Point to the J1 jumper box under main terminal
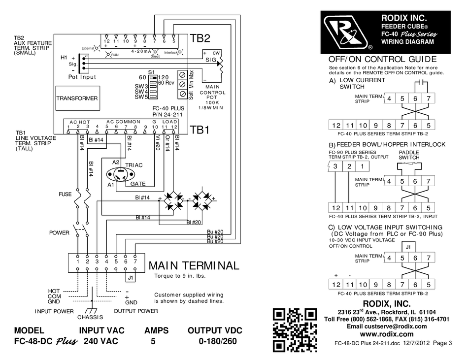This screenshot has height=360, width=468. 130,278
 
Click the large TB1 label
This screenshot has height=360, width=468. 200,131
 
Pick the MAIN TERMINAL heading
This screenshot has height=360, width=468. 194,265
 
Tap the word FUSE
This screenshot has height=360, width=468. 66,195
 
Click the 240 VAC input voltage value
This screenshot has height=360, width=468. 101,341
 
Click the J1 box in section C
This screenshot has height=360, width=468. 408,247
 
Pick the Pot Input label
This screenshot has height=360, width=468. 82,77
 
